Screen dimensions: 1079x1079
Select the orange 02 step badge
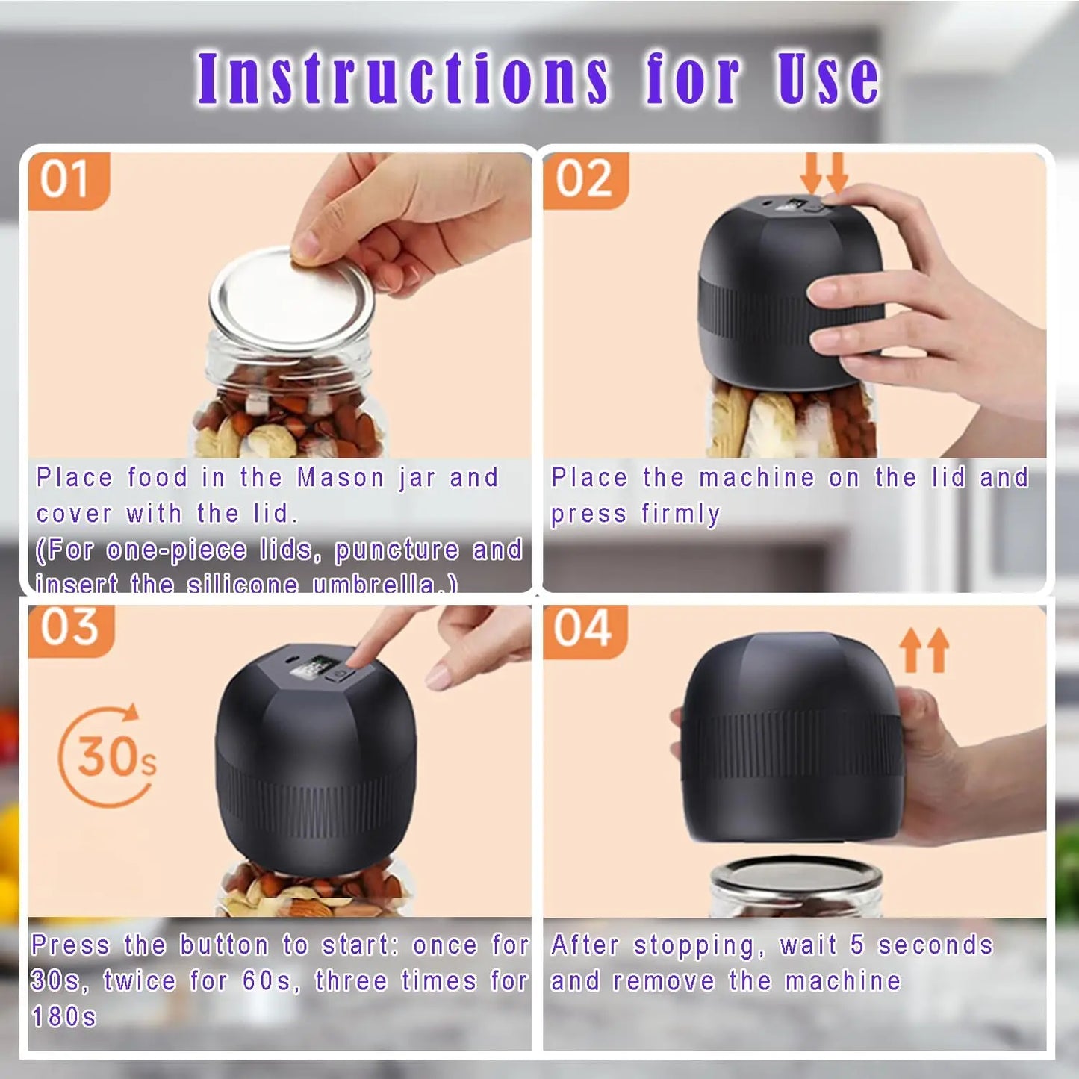pos(585,180)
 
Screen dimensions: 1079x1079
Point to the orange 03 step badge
pos(70,629)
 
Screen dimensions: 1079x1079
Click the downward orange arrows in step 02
pos(824,173)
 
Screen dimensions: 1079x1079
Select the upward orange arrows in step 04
pos(924,650)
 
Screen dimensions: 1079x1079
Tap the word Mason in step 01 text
pos(340,478)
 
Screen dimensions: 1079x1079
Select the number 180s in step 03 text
pos(64,1017)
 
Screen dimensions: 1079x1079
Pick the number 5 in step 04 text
pos(857,945)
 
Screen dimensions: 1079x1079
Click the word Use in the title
pos(827,78)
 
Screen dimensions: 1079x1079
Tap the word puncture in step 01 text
pos(397,550)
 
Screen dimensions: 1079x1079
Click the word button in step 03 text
pos(224,945)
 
